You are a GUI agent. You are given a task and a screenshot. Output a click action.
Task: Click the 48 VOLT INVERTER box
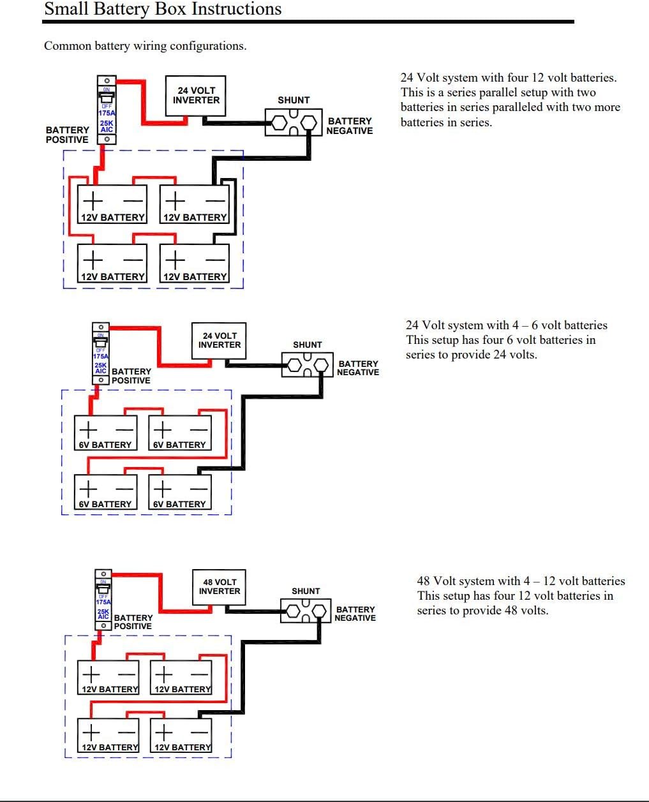point(219,587)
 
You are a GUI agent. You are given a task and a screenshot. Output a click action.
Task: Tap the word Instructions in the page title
point(237,9)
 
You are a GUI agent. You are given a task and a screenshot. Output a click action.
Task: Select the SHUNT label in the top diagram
point(294,100)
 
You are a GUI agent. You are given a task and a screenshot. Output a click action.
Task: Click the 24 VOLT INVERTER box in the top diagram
point(195,96)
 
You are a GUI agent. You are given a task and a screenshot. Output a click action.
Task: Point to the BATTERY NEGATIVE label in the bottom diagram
point(355,613)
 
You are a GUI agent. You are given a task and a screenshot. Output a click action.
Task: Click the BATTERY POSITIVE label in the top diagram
point(67,135)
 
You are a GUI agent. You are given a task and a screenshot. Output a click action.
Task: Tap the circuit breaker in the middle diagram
point(101,353)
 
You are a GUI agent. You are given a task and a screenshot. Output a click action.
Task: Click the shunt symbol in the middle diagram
point(308,364)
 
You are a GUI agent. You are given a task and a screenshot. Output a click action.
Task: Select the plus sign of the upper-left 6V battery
point(88,429)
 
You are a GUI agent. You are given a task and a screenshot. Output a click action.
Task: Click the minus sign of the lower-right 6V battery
point(198,489)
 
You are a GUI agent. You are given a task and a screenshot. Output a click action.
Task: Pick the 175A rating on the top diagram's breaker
point(107,113)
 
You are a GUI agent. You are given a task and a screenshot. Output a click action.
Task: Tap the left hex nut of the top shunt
point(279,123)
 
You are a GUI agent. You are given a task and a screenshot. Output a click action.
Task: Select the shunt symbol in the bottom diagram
point(306,611)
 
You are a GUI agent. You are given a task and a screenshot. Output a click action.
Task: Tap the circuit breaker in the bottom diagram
point(103,600)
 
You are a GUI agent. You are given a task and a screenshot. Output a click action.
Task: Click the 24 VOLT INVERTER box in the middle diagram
point(219,340)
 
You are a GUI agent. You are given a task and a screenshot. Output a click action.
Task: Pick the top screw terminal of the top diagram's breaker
point(107,80)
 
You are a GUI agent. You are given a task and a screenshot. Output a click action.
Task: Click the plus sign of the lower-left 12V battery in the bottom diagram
point(91,732)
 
